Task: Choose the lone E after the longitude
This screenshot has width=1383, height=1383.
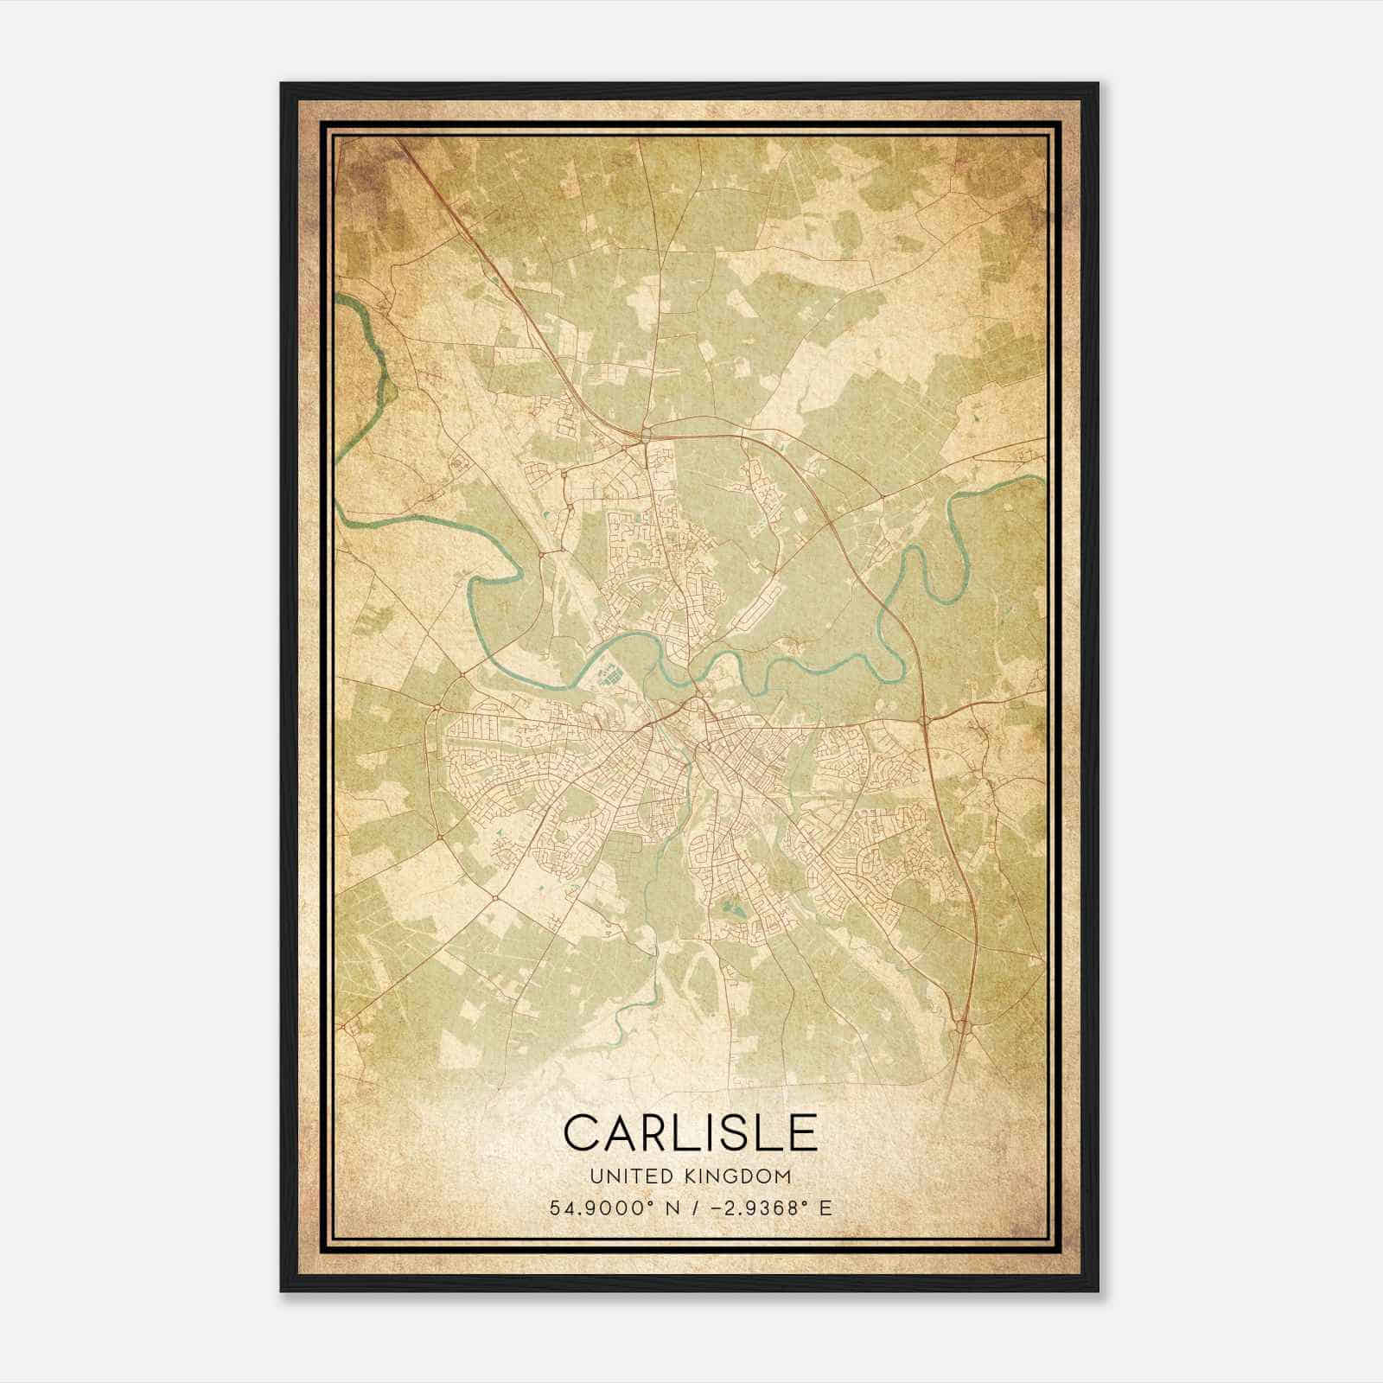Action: coord(826,1208)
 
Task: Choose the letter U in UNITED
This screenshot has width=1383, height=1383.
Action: coord(595,1176)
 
